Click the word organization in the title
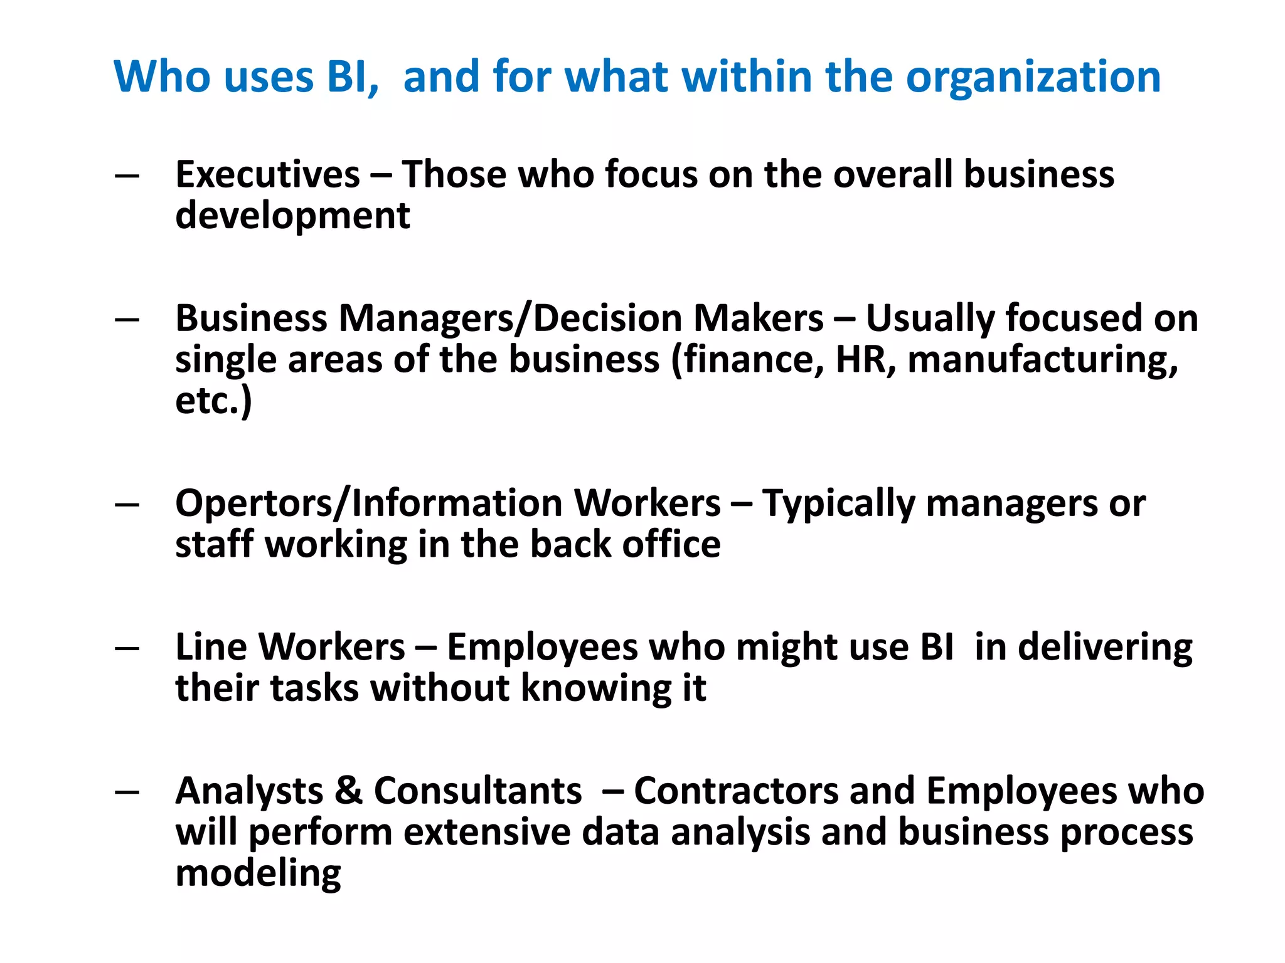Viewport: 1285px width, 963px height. coord(1033,78)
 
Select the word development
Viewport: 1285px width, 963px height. coord(292,216)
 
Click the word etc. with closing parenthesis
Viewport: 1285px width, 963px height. coord(213,401)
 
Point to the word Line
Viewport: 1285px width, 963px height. coord(211,647)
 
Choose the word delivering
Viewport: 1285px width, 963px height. coord(1105,647)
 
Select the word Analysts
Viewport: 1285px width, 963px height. coord(249,791)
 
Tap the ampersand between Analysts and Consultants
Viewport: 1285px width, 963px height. coord(349,791)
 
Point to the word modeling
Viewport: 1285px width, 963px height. coord(258,873)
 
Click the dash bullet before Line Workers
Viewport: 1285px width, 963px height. coord(127,648)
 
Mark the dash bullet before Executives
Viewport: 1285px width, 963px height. coord(127,176)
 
